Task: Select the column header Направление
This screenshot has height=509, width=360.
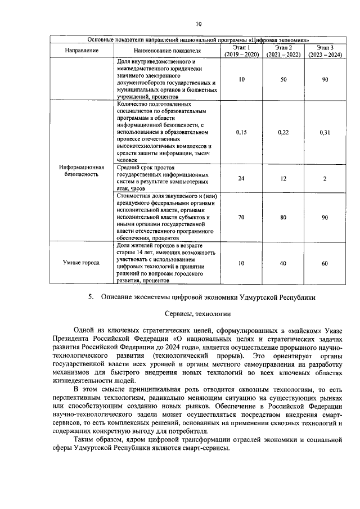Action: pos(82,51)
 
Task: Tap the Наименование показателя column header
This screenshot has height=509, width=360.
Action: pos(167,51)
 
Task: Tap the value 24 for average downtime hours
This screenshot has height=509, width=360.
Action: pos(241,178)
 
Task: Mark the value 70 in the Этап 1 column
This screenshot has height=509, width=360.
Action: pos(241,217)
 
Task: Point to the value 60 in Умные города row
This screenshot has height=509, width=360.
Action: pos(325,263)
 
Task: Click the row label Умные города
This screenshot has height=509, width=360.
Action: pos(82,263)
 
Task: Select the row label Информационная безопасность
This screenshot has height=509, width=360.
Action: pos(82,171)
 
